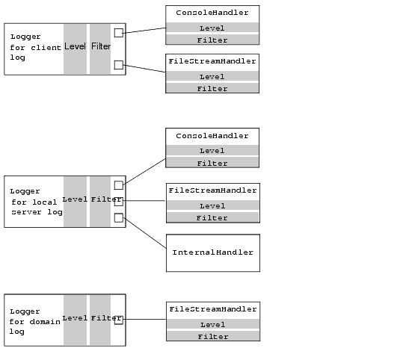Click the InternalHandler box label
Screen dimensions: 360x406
pos(212,252)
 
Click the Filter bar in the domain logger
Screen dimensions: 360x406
pos(100,320)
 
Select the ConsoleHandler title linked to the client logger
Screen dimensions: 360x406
pos(212,13)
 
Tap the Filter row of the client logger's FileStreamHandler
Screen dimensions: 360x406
pos(212,89)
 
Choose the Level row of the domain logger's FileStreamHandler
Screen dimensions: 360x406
pos(212,325)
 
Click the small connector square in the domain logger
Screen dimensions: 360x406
pos(118,320)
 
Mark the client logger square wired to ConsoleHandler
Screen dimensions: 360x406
pos(118,32)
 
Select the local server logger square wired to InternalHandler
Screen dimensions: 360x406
pos(118,217)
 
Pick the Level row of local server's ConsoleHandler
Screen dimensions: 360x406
pos(212,151)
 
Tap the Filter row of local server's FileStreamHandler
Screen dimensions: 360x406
pos(212,218)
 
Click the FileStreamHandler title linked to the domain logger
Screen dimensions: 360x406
pos(212,309)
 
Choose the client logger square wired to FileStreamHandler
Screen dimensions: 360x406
pos(118,65)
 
